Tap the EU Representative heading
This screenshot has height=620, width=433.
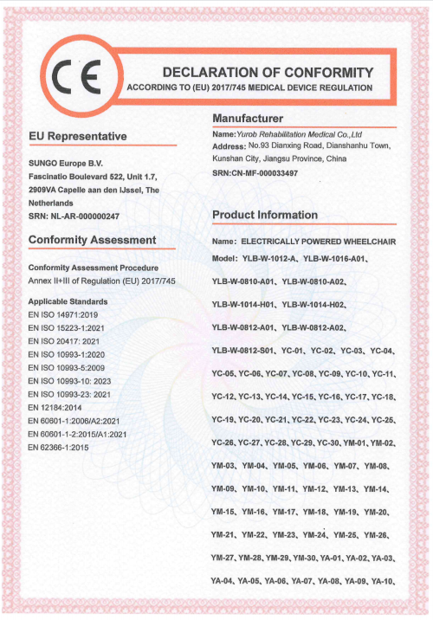pyautogui.click(x=78, y=137)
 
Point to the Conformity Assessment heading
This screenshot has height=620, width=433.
pyautogui.click(x=93, y=239)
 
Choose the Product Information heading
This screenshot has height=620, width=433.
pyautogui.click(x=264, y=215)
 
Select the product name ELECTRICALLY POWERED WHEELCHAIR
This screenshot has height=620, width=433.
pyautogui.click(x=318, y=241)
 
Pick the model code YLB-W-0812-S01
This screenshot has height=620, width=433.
pyautogui.click(x=245, y=351)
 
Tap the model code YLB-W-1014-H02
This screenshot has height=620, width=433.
pyautogui.click(x=313, y=305)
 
